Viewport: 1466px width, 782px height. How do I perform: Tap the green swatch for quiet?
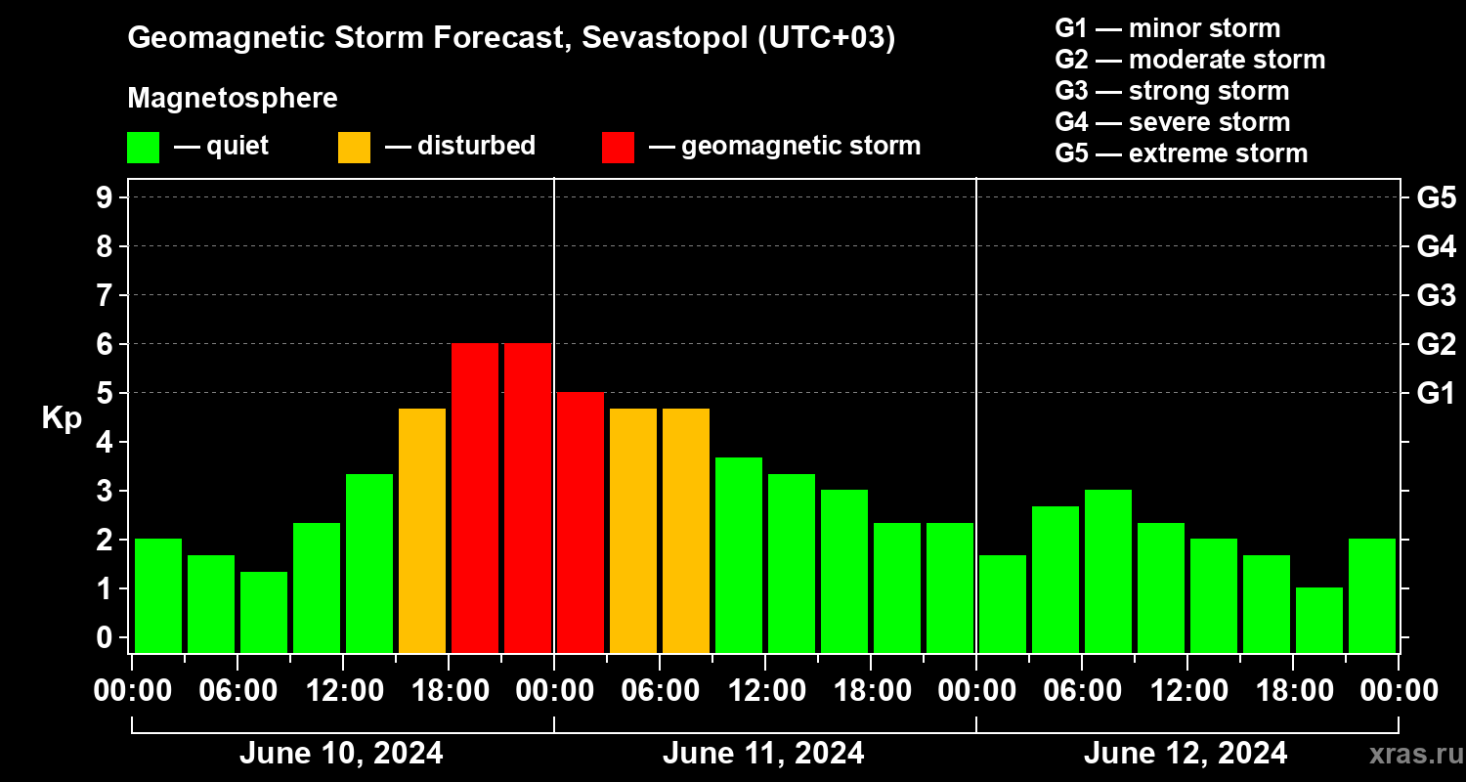click(143, 147)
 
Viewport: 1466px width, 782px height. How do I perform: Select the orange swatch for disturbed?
click(354, 147)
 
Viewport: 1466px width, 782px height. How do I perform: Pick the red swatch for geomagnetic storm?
click(618, 147)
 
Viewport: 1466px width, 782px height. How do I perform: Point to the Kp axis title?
click(62, 417)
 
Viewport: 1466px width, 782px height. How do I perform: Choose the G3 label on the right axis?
click(1436, 295)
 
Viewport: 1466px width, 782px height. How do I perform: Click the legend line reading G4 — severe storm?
click(1172, 122)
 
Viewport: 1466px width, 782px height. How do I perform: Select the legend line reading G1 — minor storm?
click(1167, 28)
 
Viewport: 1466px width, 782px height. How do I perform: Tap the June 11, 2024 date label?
click(763, 754)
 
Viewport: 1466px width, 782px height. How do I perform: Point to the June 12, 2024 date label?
click(1186, 754)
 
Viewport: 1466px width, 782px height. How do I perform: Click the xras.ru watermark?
click(1408, 755)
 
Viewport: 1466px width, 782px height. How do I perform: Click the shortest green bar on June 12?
click(1319, 620)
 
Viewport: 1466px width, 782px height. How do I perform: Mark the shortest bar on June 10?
click(264, 612)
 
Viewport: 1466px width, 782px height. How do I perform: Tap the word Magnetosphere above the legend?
click(233, 99)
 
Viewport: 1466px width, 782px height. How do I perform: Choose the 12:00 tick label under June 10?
click(343, 691)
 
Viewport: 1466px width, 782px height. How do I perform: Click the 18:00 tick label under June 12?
click(1292, 691)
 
